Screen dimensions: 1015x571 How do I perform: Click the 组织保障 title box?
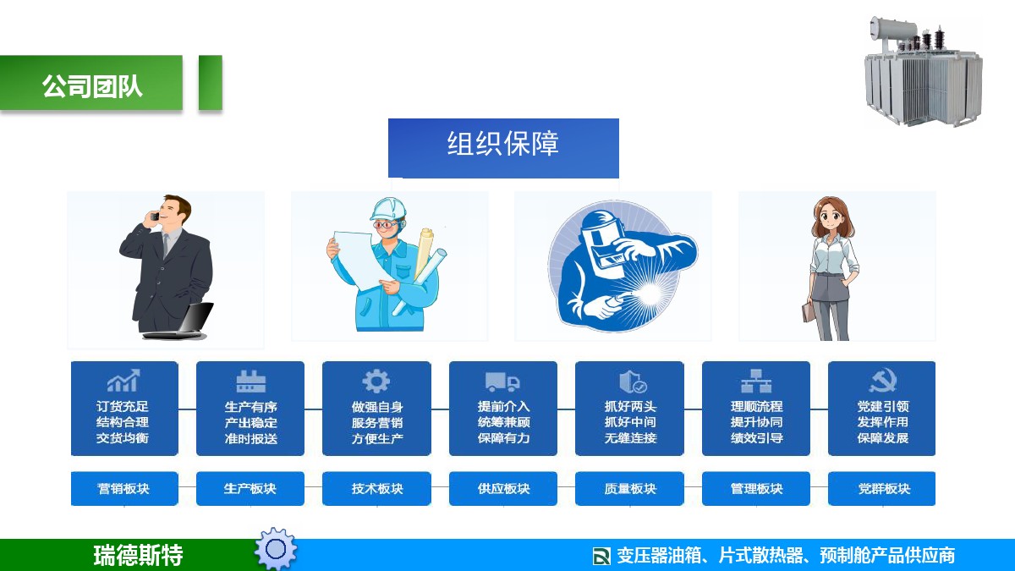(503, 148)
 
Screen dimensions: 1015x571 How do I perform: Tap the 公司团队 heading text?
(92, 86)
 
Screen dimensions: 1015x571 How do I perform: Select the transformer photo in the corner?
(924, 72)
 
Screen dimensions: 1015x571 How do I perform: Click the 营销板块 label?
(124, 489)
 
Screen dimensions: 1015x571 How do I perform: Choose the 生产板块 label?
(250, 489)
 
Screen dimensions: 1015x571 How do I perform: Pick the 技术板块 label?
(376, 489)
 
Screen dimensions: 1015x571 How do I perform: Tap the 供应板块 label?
(503, 489)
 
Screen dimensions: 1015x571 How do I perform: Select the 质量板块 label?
(629, 489)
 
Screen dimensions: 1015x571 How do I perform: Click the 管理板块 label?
(756, 489)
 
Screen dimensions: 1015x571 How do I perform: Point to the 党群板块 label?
(881, 489)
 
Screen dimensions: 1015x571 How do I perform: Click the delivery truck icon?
(502, 382)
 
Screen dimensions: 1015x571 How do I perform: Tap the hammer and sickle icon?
(883, 382)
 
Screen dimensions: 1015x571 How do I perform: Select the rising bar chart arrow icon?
(123, 381)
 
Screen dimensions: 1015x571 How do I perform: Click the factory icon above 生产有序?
(250, 382)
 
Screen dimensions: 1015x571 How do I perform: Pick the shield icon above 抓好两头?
(633, 382)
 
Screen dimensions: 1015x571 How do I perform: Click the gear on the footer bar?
(276, 549)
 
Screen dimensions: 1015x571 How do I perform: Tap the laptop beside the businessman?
(180, 321)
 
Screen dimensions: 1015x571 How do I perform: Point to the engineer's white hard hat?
(388, 209)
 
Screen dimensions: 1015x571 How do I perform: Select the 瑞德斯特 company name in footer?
(138, 555)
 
